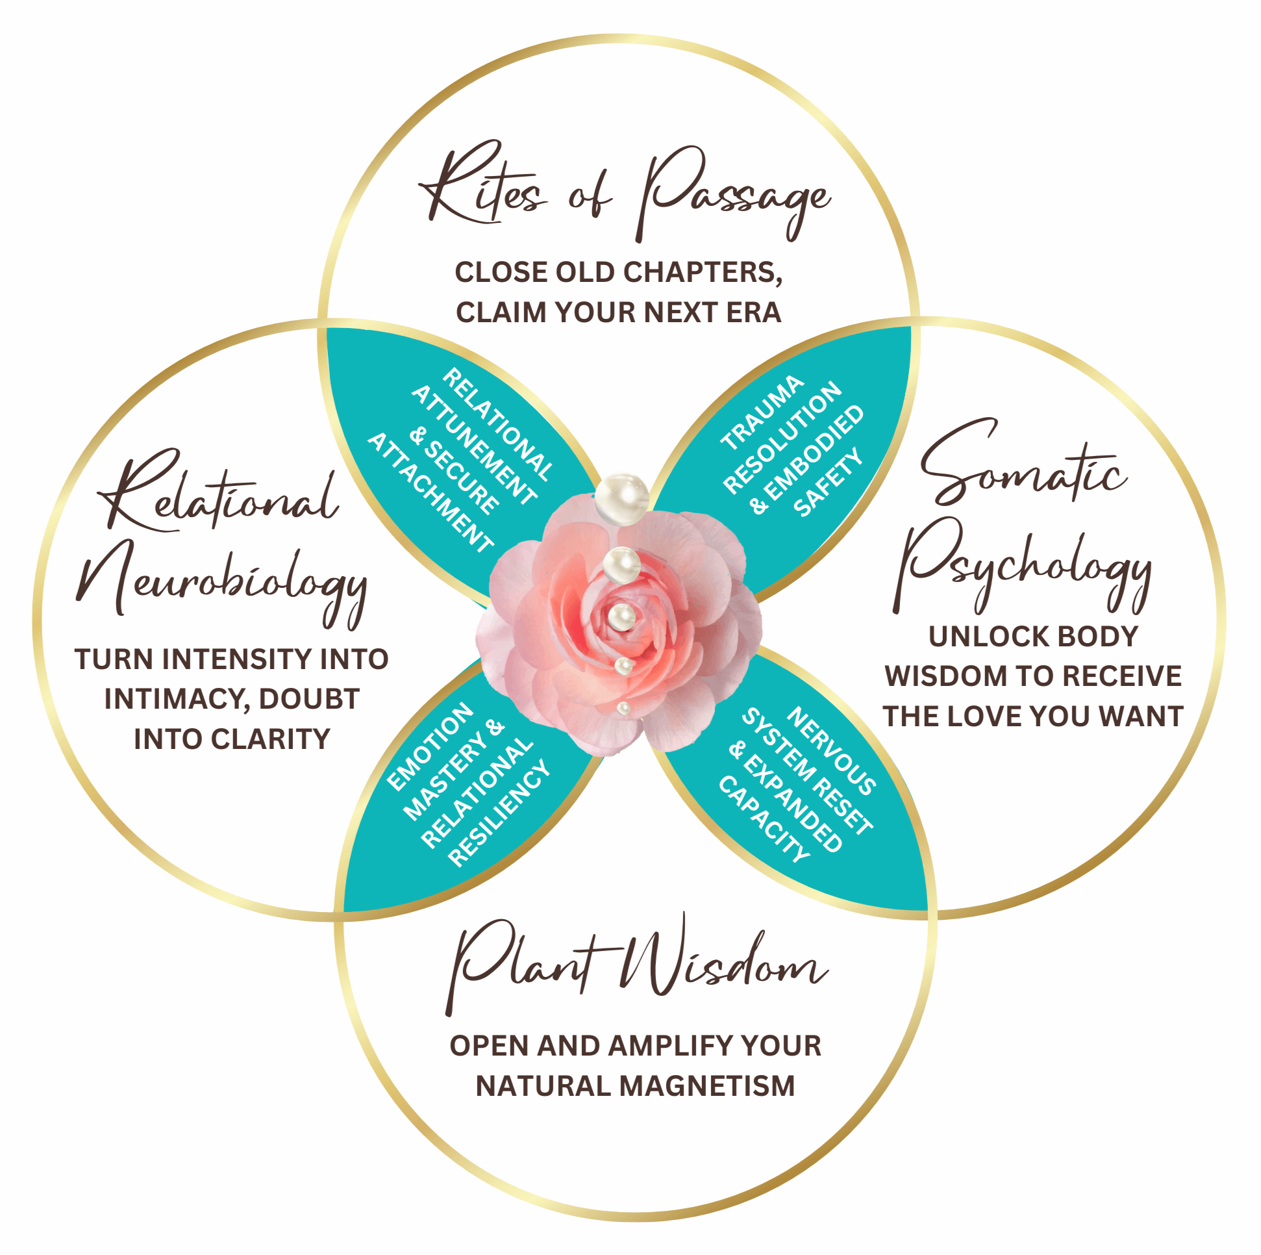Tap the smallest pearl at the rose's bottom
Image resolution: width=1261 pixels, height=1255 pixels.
pyautogui.click(x=623, y=708)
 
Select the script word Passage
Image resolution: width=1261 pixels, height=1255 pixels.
pyautogui.click(x=734, y=196)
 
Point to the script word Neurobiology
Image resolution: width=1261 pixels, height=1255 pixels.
pyautogui.click(x=222, y=581)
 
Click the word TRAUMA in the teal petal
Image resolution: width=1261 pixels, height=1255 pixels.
pyautogui.click(x=762, y=412)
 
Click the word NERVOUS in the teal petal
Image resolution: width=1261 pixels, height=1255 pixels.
pyautogui.click(x=832, y=751)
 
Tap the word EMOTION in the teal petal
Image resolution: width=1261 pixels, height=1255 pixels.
pyautogui.click(x=429, y=746)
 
